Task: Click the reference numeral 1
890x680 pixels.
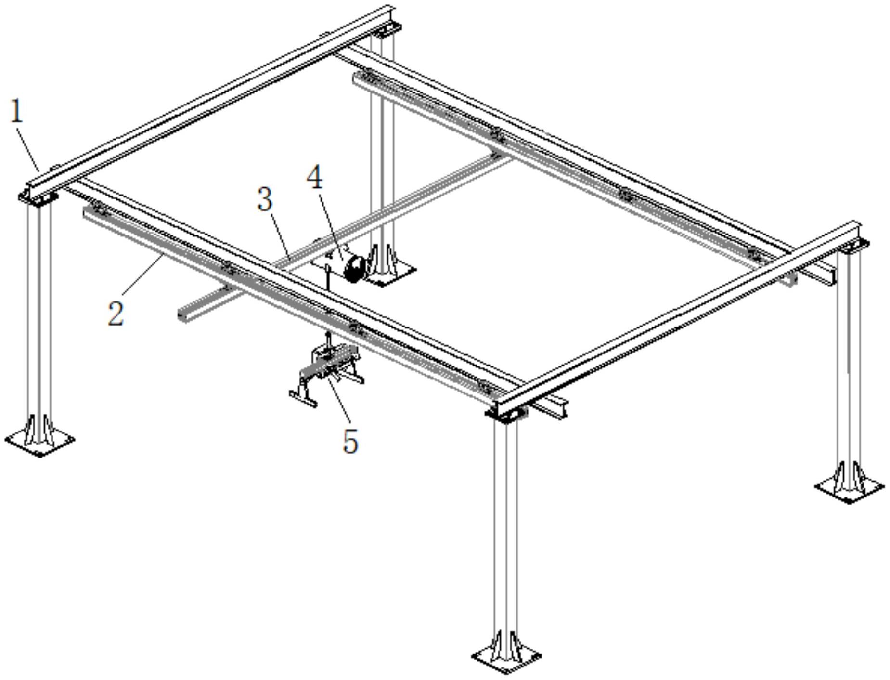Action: (x=17, y=111)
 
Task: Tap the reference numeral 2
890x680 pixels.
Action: (x=116, y=314)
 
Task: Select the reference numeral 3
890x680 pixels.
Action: (x=265, y=199)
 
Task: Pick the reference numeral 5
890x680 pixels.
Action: (x=350, y=441)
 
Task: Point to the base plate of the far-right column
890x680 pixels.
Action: (x=849, y=488)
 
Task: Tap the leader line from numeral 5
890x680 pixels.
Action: (x=342, y=402)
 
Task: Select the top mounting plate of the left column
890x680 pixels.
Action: (x=39, y=197)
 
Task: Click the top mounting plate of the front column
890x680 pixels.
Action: (x=506, y=413)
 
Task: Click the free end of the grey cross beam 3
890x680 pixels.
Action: (x=182, y=315)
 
